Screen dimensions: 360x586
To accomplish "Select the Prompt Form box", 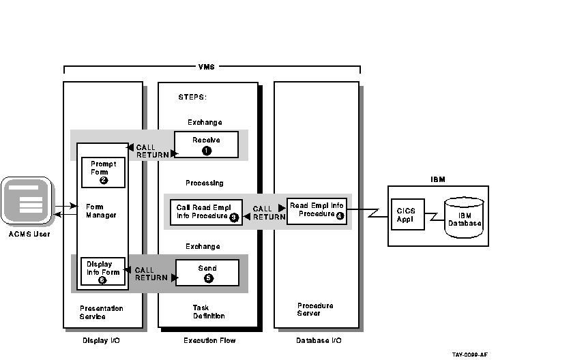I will [x=103, y=172].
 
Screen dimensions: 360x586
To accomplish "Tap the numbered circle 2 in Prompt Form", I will [x=104, y=181].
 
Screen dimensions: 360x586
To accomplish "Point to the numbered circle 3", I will [x=234, y=217].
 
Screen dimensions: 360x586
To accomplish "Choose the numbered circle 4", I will [x=338, y=214].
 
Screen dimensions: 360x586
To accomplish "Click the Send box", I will [x=207, y=273].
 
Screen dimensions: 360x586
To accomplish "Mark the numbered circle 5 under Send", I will [x=209, y=278].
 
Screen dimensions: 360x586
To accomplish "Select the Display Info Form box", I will [x=103, y=271].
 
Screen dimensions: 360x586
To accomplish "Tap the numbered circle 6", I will [x=102, y=280].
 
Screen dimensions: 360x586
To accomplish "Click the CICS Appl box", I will [x=407, y=215].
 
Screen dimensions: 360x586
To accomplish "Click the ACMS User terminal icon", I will [x=26, y=201].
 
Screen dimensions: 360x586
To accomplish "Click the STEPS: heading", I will [x=192, y=97].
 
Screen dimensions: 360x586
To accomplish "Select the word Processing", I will [x=204, y=183].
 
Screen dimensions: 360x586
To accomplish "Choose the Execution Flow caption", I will [x=209, y=340].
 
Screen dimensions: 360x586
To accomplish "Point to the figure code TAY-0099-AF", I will [x=469, y=355].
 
